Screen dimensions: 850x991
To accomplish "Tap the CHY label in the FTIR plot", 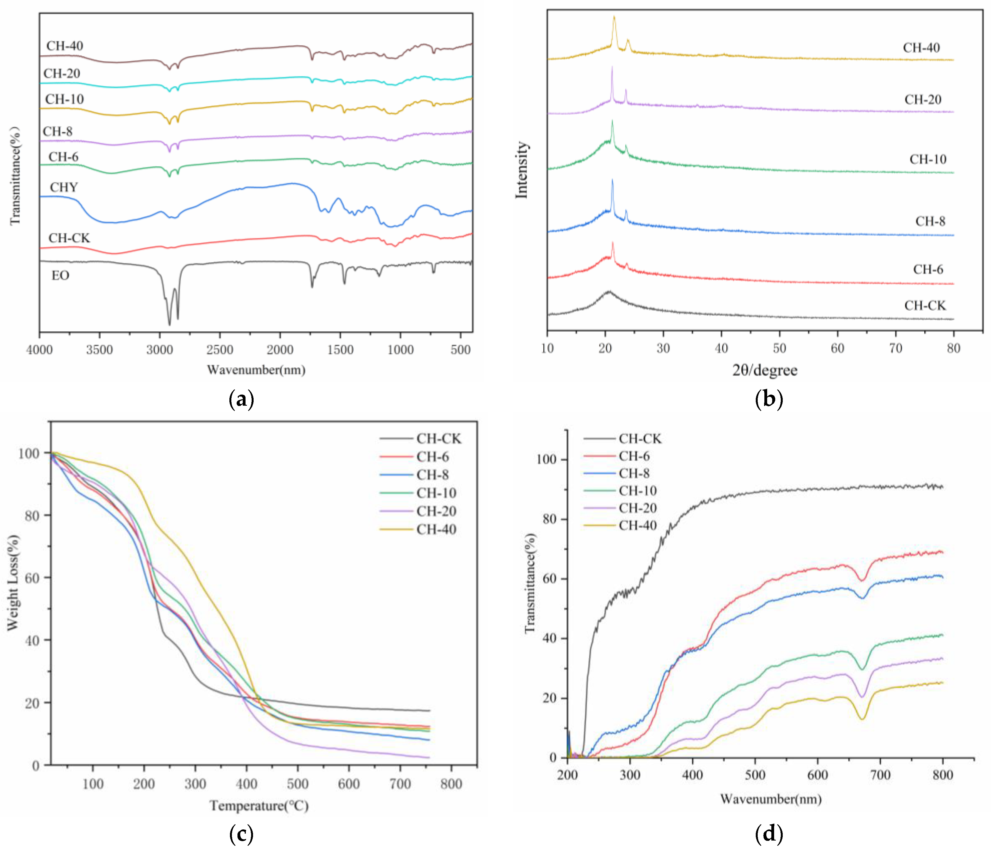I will point(64,187).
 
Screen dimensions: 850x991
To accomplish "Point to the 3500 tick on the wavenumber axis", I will point(100,350).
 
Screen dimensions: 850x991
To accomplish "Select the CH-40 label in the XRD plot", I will point(921,48).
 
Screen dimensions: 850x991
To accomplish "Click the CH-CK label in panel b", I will point(925,305).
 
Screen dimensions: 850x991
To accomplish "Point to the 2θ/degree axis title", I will point(765,370).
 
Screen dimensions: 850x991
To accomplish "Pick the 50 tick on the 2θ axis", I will point(780,348).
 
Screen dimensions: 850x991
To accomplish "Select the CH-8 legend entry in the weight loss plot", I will point(432,475).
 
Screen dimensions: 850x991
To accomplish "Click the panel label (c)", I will point(242,834).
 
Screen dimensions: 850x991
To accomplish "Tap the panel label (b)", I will point(769,399).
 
